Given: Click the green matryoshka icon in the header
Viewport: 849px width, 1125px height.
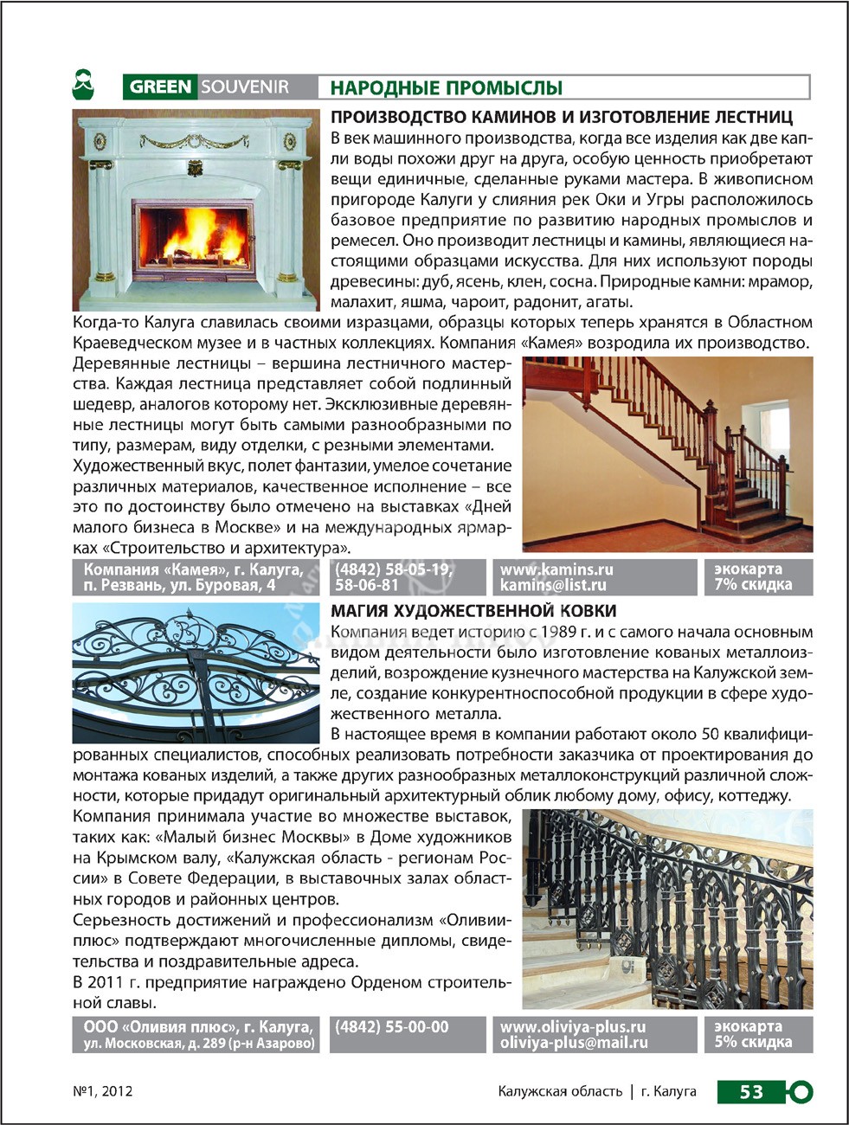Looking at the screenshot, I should coord(83,85).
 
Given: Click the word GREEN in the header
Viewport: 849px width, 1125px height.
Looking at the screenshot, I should coord(161,87).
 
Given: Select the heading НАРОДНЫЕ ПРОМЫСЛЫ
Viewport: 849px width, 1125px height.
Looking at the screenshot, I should coord(447,87).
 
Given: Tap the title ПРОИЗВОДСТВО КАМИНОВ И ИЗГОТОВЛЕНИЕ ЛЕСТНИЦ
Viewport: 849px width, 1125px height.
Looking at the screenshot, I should coord(562,117).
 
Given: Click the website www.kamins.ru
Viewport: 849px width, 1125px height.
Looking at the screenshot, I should coord(556,569).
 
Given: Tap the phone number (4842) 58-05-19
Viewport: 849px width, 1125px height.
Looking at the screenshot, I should coord(393,569).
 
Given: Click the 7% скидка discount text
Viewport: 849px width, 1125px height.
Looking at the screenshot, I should coord(753,585).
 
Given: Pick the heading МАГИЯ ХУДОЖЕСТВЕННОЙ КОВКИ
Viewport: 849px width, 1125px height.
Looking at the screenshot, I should coord(473,611).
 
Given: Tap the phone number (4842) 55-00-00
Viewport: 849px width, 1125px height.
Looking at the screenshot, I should coord(391,1027).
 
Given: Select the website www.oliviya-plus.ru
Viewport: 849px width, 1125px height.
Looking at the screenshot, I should coord(573,1027).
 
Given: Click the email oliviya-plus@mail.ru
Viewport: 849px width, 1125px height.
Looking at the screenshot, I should coord(574,1043).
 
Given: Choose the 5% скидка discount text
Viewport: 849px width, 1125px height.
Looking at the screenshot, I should coord(753,1042).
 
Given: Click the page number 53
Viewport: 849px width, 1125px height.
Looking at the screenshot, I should coord(750,1091).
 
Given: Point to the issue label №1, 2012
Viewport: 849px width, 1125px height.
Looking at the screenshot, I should coord(103,1091).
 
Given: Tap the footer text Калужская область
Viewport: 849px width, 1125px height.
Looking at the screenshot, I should coord(560,1091).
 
